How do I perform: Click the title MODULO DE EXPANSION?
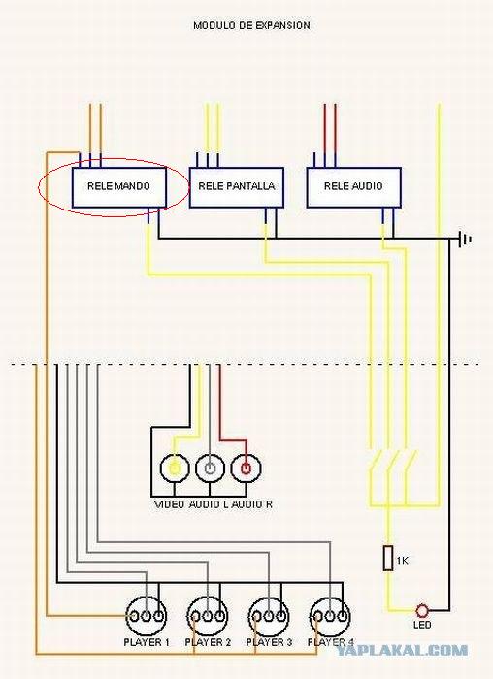[251, 25]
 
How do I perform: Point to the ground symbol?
[466, 239]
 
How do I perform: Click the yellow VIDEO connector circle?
[174, 469]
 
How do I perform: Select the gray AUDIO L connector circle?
[210, 469]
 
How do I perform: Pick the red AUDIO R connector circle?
[246, 469]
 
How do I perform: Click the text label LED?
[422, 625]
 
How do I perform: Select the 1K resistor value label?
[402, 561]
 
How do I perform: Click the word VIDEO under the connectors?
[170, 504]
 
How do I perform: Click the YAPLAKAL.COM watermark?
[402, 650]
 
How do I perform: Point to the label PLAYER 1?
[147, 642]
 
